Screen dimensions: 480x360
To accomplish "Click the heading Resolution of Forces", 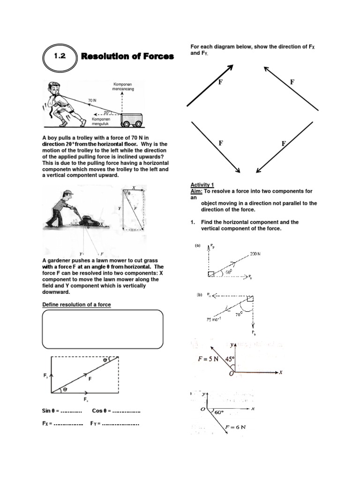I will [127, 57].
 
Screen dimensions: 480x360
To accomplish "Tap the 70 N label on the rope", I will [92, 100].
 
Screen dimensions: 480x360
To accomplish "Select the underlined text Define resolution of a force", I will [76, 305].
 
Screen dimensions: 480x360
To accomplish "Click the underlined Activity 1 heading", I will [202, 185].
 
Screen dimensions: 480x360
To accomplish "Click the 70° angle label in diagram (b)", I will [238, 315].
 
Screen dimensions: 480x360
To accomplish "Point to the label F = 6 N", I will [236, 427].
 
